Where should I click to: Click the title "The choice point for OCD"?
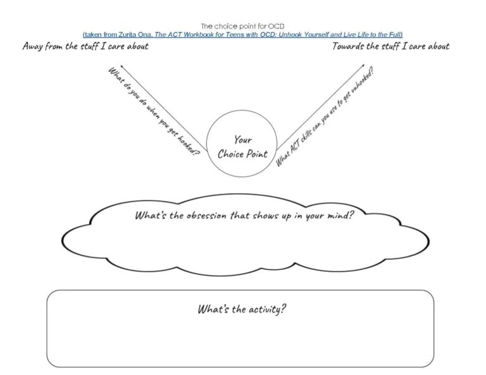point(242,26)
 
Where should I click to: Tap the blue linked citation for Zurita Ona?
point(242,34)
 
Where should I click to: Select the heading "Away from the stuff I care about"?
point(85,46)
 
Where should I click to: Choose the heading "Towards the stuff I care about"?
point(391,46)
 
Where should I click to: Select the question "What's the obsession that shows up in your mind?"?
point(244,215)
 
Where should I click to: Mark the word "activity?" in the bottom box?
point(266,310)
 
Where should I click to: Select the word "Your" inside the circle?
point(242,140)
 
